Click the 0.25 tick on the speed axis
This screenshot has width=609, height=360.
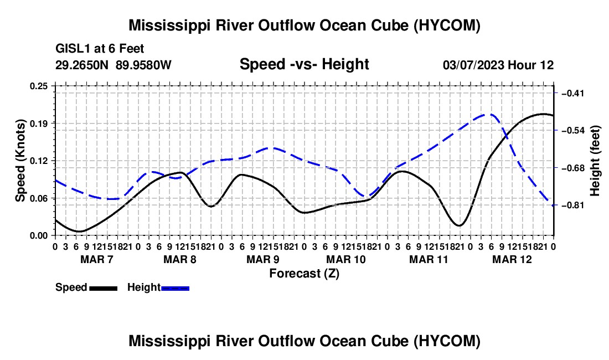click(39, 86)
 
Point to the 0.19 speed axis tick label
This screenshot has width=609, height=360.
click(39, 124)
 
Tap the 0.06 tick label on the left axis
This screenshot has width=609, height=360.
click(39, 198)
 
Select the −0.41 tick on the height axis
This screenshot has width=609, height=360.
click(573, 93)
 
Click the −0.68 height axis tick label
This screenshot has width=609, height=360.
click(573, 168)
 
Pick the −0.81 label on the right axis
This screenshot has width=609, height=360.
click(573, 205)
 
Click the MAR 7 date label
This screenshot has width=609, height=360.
click(97, 259)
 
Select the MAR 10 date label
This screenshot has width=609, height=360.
click(345, 259)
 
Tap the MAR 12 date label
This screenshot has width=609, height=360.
click(512, 259)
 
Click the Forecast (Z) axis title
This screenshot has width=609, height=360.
click(304, 274)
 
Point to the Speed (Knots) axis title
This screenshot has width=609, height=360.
click(20, 161)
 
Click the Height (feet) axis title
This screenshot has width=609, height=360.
click(595, 161)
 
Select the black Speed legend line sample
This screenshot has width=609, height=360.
click(104, 288)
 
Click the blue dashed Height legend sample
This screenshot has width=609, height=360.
click(175, 288)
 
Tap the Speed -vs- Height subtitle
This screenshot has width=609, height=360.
click(304, 64)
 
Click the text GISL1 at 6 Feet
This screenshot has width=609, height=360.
click(100, 49)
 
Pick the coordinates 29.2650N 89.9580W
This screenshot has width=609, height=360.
click(113, 65)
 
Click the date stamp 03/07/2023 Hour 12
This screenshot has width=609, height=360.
click(498, 65)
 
